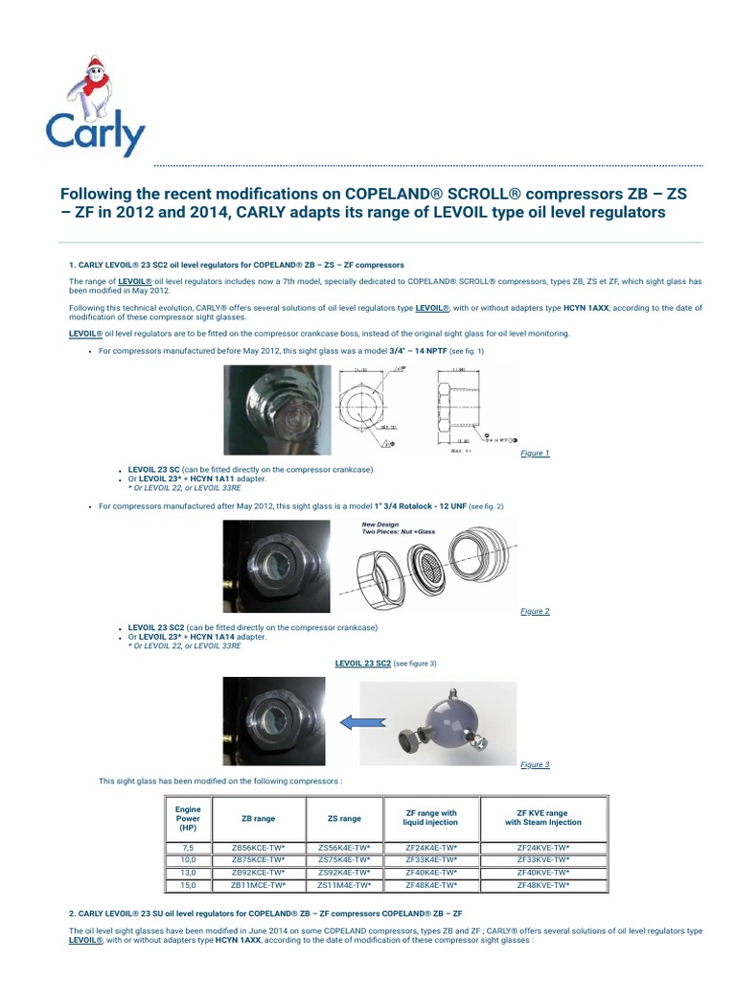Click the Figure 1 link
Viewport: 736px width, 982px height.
click(535, 453)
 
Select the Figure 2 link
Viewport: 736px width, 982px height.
click(535, 611)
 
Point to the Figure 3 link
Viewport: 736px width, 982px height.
click(535, 764)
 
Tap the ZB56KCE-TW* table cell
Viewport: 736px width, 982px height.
click(258, 847)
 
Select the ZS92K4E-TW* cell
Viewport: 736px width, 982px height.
click(344, 872)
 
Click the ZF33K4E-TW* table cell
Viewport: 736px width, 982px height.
click(431, 859)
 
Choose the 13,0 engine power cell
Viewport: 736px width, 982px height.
click(188, 872)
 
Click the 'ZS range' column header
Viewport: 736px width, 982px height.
click(344, 818)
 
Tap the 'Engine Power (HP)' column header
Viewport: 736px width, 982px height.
click(188, 818)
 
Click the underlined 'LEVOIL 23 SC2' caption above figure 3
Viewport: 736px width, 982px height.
click(362, 663)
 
